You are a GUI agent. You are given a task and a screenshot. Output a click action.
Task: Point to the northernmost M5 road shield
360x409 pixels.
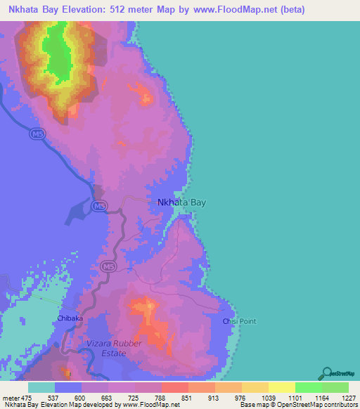(37, 133)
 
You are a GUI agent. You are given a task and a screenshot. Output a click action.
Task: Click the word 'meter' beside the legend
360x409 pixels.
(10, 399)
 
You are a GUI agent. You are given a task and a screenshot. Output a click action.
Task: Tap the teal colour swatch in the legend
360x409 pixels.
(41, 387)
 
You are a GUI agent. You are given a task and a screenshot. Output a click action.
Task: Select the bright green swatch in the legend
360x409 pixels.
(308, 387)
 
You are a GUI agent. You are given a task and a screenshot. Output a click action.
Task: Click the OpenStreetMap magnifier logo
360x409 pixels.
(326, 372)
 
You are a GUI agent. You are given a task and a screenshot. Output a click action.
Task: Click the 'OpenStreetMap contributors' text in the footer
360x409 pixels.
(318, 405)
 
